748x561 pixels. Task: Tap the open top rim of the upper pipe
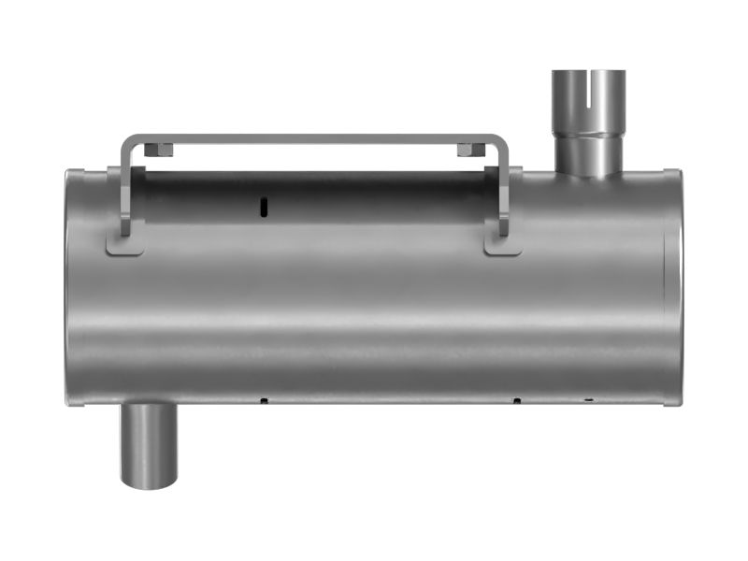coord(588,72)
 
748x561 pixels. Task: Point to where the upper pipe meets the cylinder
coord(588,173)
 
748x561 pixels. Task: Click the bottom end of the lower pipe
coord(149,482)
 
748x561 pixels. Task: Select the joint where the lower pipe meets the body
coord(149,406)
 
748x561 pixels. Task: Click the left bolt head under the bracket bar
coord(160,149)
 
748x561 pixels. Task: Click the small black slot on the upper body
coord(264,205)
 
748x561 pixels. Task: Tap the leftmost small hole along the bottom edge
coord(264,401)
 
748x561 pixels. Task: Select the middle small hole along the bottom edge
coord(516,401)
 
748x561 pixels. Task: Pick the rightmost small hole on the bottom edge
coord(588,401)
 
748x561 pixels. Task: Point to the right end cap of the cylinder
coord(672,288)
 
